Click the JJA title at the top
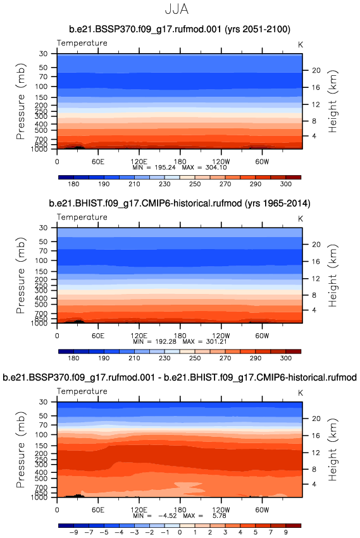click(177, 9)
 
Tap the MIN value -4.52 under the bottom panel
click(168, 515)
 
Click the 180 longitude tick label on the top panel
click(180, 161)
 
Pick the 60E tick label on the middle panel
click(98, 335)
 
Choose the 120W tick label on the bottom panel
click(221, 509)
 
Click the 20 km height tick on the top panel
click(316, 70)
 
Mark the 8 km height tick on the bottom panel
click(314, 469)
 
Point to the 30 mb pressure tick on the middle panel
click(43, 228)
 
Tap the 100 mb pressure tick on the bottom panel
click(41, 434)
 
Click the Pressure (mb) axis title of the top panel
click(21, 101)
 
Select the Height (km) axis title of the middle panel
click(333, 276)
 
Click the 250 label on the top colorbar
click(195, 184)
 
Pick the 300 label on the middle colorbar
click(286, 358)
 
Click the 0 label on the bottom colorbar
click(180, 532)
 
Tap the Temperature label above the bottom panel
click(82, 391)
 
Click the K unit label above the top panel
click(301, 45)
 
